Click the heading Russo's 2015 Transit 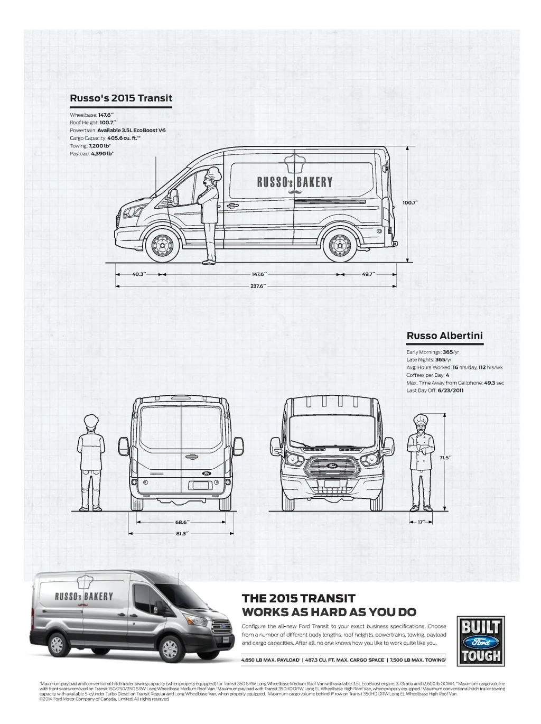[121, 98]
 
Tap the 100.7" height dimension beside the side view [410, 202]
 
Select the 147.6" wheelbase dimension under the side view [259, 274]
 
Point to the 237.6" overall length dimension [257, 286]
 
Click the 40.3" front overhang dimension [139, 274]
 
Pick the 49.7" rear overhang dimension [368, 274]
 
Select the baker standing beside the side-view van [210, 214]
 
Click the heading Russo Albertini [444, 336]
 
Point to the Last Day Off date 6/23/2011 [450, 391]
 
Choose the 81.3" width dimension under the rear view [181, 533]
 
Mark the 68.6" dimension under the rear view [181, 522]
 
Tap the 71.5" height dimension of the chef [444, 458]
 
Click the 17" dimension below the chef [421, 522]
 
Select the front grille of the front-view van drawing [332, 467]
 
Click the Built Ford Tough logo [480, 642]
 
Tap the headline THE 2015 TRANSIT [299, 598]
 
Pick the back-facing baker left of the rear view [91, 462]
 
